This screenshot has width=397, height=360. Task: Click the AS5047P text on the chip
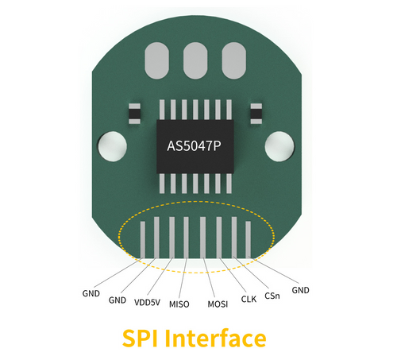[194, 146]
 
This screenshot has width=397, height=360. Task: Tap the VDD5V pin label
[147, 303]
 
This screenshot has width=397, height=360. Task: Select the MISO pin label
[179, 304]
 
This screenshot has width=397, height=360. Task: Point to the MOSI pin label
[218, 304]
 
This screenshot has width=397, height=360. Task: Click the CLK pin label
[249, 300]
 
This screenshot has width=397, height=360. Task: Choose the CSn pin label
[272, 296]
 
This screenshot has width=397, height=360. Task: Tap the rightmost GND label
[300, 290]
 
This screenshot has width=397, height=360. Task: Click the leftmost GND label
[91, 293]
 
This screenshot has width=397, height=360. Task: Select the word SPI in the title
[140, 339]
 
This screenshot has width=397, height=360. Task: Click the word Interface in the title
[215, 339]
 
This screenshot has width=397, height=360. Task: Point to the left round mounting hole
[113, 146]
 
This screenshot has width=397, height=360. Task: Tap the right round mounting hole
[279, 146]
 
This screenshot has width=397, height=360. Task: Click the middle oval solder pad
[195, 60]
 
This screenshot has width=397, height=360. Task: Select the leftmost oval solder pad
[156, 60]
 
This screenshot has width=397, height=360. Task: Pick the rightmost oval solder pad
[234, 60]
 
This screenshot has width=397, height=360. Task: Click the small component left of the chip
[134, 114]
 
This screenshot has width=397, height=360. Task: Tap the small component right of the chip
[256, 114]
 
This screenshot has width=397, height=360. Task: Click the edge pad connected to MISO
[186, 238]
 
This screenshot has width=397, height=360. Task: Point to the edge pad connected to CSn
[234, 238]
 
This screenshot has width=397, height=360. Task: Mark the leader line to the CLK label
[233, 275]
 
